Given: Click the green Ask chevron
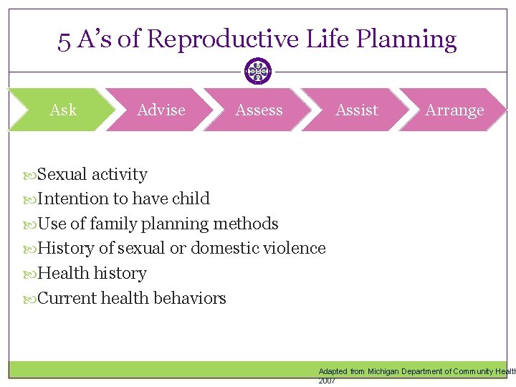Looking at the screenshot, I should (x=62, y=110).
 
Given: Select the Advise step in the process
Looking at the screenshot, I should (x=161, y=110).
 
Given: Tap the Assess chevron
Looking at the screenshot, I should (x=259, y=110).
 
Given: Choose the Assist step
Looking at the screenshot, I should (x=356, y=110).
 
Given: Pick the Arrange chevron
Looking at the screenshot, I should (x=454, y=110).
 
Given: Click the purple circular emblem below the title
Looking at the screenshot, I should (x=258, y=72).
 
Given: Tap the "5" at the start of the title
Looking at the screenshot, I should (x=64, y=40).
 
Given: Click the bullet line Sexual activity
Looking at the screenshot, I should (x=92, y=174).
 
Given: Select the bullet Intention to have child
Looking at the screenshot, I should (x=123, y=199).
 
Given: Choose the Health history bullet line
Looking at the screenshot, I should (x=92, y=273).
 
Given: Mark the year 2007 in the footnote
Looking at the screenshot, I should (x=327, y=381).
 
